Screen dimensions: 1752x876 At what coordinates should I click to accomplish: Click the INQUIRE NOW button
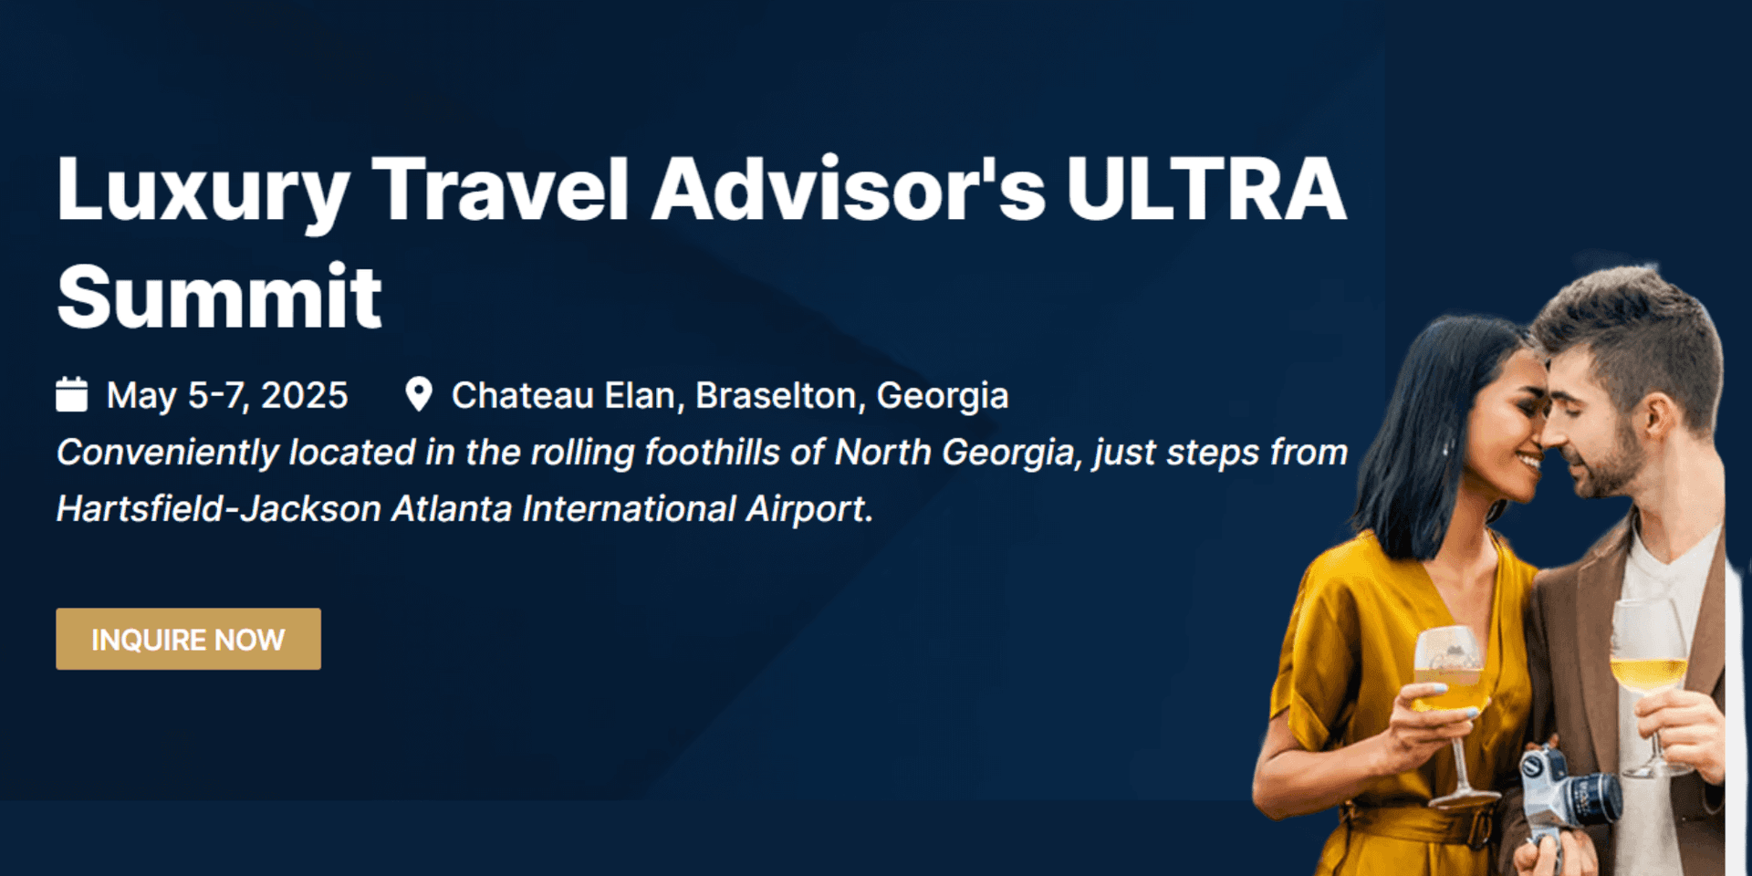(188, 639)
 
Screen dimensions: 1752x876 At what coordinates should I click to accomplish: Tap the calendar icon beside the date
(71, 394)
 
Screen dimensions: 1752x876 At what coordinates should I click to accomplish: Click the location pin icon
(418, 394)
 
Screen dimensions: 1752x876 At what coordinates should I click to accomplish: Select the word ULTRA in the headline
(1205, 190)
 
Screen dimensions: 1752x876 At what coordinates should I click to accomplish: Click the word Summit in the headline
(219, 296)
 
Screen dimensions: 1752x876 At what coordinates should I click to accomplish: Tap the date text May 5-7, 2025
(227, 395)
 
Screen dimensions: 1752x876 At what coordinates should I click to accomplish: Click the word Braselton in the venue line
(780, 396)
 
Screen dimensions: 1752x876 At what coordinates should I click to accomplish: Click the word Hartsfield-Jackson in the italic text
(218, 508)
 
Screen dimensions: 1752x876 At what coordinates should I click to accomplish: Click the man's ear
(1660, 414)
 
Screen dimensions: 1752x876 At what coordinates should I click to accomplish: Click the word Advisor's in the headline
(848, 190)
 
